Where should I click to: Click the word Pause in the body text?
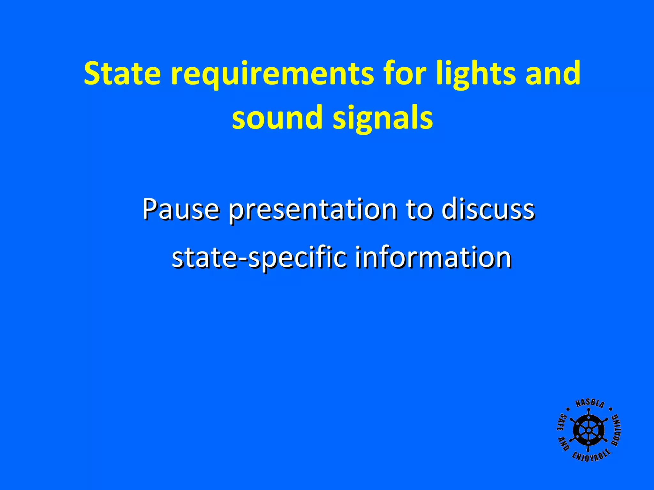(181, 209)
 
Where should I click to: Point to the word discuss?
(488, 209)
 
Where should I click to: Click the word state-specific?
(259, 258)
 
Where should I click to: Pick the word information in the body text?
(433, 257)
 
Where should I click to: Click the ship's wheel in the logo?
(588, 430)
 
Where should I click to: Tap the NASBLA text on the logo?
(589, 404)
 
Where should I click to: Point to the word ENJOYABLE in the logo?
(591, 456)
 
